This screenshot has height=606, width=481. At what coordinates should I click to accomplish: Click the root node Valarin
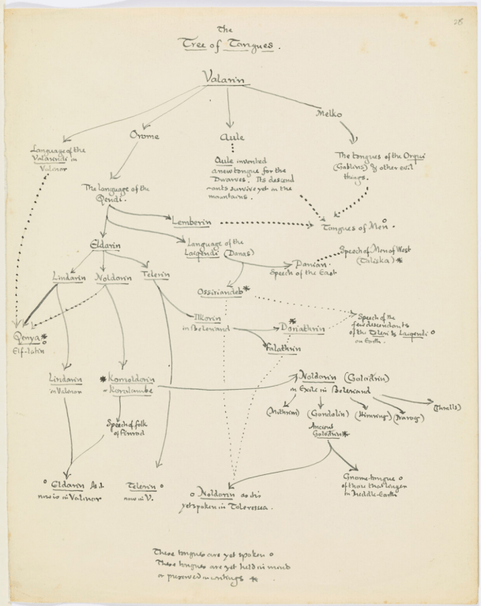tap(227, 77)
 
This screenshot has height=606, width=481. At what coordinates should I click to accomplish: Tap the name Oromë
tap(144, 136)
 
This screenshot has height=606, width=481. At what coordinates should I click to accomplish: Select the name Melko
tap(329, 114)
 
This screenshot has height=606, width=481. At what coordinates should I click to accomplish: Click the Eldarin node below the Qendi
tap(106, 245)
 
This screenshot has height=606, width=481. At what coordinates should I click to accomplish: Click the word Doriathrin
tap(299, 327)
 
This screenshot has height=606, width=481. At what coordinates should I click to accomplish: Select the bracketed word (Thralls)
tap(448, 408)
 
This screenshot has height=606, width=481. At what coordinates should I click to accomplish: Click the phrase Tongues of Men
tap(352, 228)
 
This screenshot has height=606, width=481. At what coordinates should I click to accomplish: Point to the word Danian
tap(310, 264)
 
